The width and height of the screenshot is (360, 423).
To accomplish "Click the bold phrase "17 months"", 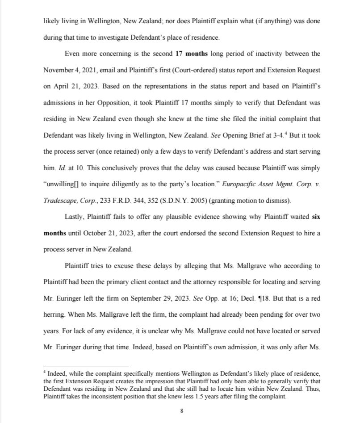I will click(191, 54).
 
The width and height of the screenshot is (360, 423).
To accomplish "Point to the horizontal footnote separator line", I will click(86, 367).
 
